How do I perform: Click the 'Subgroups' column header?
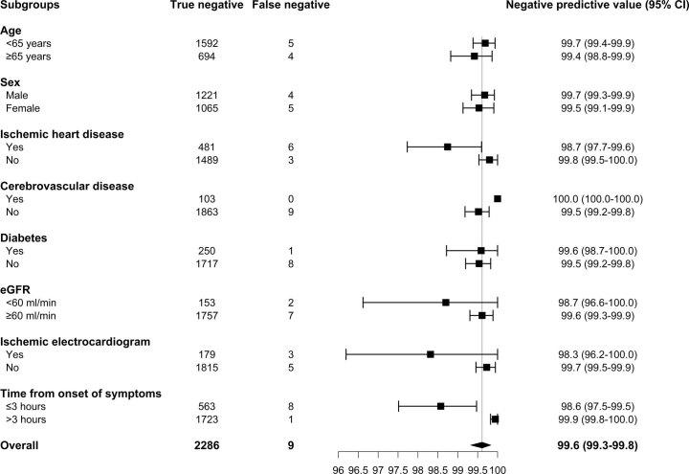[x=33, y=7]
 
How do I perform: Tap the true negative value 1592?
[x=207, y=43]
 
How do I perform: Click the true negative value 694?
[x=207, y=56]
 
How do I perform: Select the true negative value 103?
[x=207, y=198]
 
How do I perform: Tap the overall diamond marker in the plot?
[x=480, y=444]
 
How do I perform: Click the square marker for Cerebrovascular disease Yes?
[x=498, y=198]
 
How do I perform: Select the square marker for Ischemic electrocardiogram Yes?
[x=431, y=354]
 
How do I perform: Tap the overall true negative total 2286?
[x=207, y=444]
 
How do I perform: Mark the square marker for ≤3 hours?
[x=440, y=406]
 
